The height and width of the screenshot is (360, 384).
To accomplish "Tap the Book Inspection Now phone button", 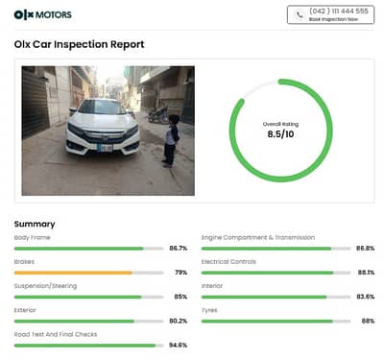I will (x=329, y=14).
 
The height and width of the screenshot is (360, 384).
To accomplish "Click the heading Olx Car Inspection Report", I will (x=80, y=44).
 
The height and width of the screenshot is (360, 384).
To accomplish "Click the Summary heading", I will (x=35, y=224).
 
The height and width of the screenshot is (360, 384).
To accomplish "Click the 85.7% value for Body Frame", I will (x=178, y=248).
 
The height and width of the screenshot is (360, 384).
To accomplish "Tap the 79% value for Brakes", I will (x=180, y=273).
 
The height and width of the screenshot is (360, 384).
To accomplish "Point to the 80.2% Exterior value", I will (x=178, y=321).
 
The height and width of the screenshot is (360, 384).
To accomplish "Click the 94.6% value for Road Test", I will (x=178, y=345).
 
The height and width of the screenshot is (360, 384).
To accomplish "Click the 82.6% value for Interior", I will (x=365, y=297).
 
